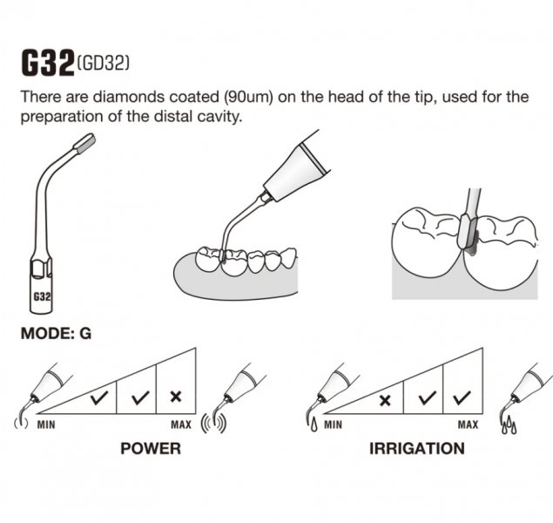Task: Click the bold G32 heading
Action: (x=48, y=63)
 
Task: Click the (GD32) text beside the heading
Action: (x=103, y=64)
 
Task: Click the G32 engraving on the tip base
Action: (x=42, y=296)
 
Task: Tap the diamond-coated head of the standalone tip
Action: (x=84, y=143)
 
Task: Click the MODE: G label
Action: (x=56, y=334)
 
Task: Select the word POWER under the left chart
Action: (x=151, y=449)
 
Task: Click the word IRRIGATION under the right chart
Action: (x=417, y=449)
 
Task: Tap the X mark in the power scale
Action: (x=176, y=397)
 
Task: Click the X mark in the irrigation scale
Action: (x=385, y=401)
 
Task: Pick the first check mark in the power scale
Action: (x=99, y=397)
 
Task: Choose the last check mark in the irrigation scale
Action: (x=462, y=397)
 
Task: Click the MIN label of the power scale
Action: (x=46, y=425)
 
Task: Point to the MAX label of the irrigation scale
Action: (x=468, y=425)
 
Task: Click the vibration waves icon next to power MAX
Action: (x=213, y=424)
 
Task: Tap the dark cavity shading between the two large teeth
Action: (x=472, y=243)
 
